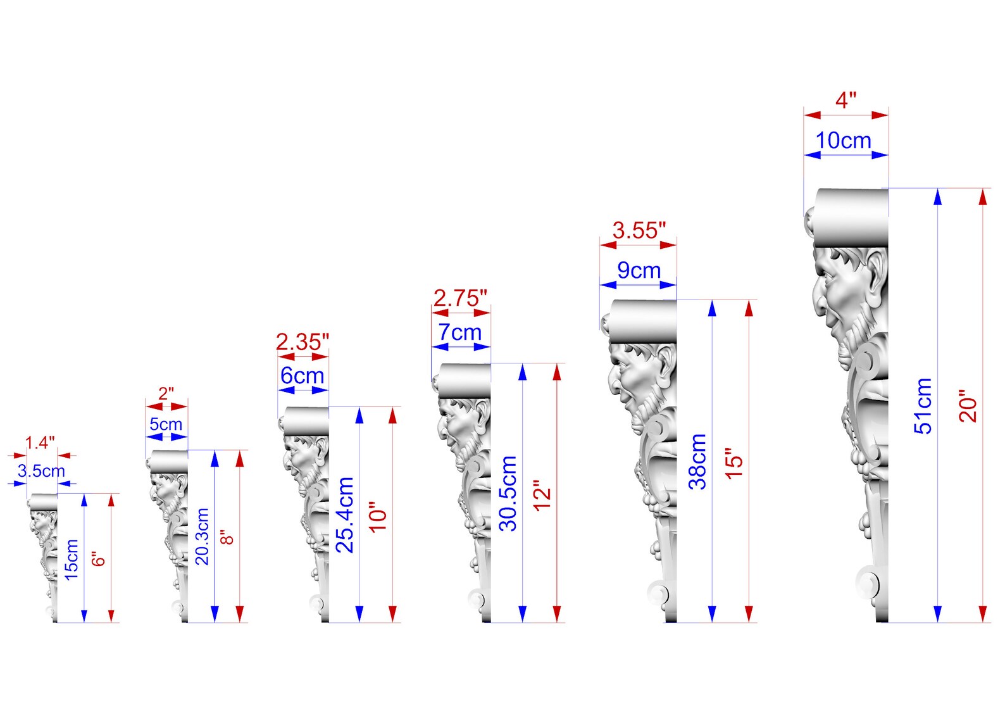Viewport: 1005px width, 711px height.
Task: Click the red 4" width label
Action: pos(846,100)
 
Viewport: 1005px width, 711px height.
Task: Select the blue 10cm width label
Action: pos(844,141)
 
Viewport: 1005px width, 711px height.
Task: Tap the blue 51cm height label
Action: pos(923,406)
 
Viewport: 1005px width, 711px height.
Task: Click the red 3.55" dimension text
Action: pos(639,230)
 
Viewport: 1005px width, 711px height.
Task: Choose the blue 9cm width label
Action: pos(639,270)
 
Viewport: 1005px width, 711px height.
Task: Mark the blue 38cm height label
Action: pos(697,462)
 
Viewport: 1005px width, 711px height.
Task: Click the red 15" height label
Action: pos(734,463)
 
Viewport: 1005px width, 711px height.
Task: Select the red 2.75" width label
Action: pos(460,298)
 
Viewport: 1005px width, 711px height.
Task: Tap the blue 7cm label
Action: pos(460,332)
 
